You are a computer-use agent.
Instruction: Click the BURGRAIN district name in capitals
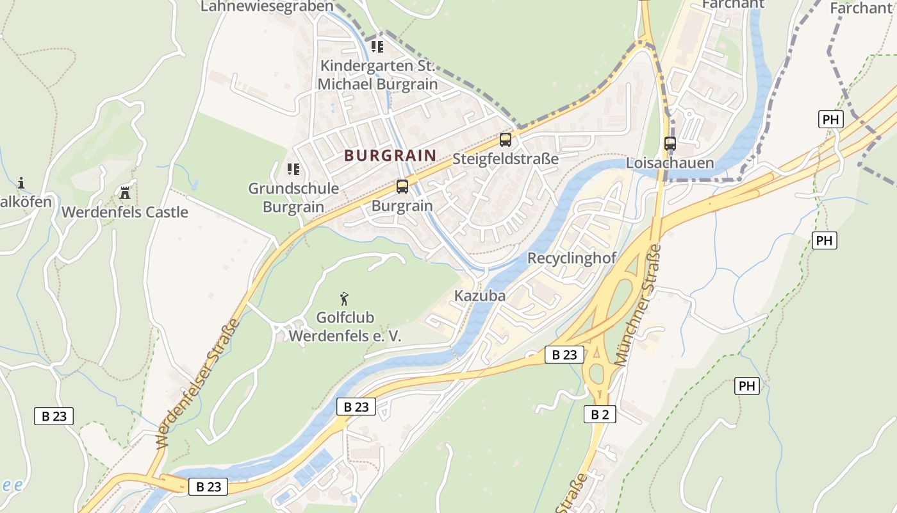(390, 155)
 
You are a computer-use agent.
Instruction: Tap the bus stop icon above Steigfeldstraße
(506, 139)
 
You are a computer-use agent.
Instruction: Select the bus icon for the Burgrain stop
(402, 187)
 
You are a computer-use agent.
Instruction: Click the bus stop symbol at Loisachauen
(670, 143)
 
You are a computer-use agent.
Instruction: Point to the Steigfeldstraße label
(506, 159)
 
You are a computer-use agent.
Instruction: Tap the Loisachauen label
(670, 163)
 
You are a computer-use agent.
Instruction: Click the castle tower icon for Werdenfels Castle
(125, 192)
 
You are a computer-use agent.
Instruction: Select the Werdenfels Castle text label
(125, 212)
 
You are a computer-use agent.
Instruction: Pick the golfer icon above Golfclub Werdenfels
(345, 298)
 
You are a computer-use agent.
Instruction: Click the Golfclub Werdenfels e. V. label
(345, 326)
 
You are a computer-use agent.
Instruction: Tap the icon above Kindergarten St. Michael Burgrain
(377, 47)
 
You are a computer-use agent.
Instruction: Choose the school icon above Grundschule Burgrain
(293, 169)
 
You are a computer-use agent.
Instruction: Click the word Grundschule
(293, 189)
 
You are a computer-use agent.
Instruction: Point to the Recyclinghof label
(572, 258)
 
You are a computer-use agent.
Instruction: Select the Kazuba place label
(480, 296)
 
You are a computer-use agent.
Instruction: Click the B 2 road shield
(600, 414)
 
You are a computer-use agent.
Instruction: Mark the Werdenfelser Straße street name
(198, 383)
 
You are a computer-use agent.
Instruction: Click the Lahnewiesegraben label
(267, 6)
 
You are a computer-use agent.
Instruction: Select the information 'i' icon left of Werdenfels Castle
(21, 183)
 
